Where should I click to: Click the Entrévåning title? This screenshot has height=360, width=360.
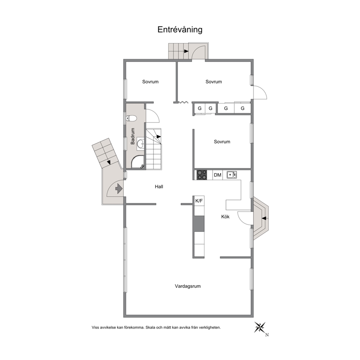(180, 30)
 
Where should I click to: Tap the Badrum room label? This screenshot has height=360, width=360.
(132, 136)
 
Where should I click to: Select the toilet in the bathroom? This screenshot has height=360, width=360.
(131, 118)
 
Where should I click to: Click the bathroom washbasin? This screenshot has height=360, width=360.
(140, 144)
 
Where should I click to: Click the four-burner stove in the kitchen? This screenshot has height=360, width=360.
(202, 175)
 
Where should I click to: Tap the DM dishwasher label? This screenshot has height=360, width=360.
(217, 175)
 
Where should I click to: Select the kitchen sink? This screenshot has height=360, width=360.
(232, 175)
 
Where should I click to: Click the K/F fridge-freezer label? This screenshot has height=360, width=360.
(199, 201)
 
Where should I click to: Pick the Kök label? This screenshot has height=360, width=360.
(225, 217)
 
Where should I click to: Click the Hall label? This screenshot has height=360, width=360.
(159, 187)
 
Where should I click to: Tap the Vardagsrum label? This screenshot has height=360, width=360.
(188, 286)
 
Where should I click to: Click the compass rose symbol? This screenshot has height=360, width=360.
(260, 327)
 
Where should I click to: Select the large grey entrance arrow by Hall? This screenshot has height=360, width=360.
(119, 189)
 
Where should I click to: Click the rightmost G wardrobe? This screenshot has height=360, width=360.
(242, 108)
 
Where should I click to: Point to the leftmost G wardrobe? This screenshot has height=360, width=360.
(200, 108)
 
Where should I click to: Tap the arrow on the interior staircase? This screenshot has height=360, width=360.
(159, 136)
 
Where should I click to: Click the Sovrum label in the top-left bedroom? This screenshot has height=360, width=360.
(150, 82)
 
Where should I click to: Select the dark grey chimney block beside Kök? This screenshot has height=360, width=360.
(199, 224)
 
